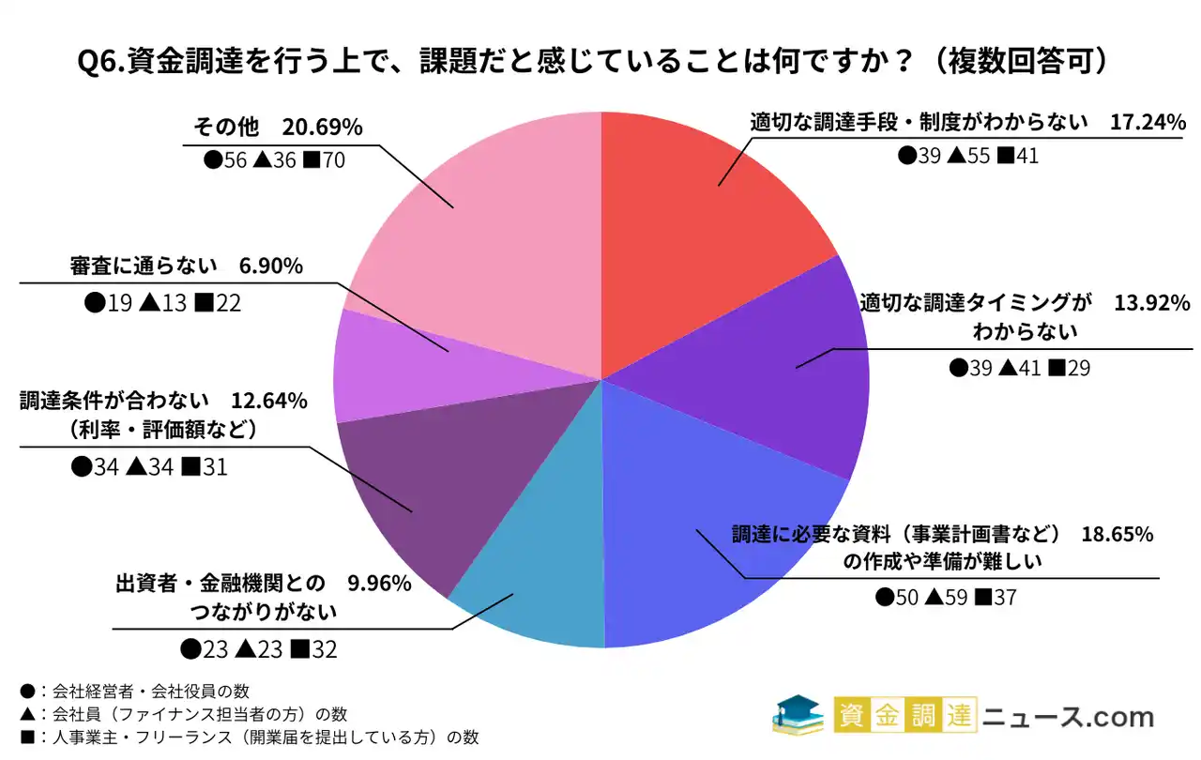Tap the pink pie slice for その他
click(x=488, y=216)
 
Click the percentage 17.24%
click(x=1148, y=122)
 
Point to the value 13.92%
click(x=1152, y=303)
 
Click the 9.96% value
click(x=379, y=584)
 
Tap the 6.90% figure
click(x=271, y=266)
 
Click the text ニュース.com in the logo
click(x=1068, y=718)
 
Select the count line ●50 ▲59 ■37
click(x=946, y=597)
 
